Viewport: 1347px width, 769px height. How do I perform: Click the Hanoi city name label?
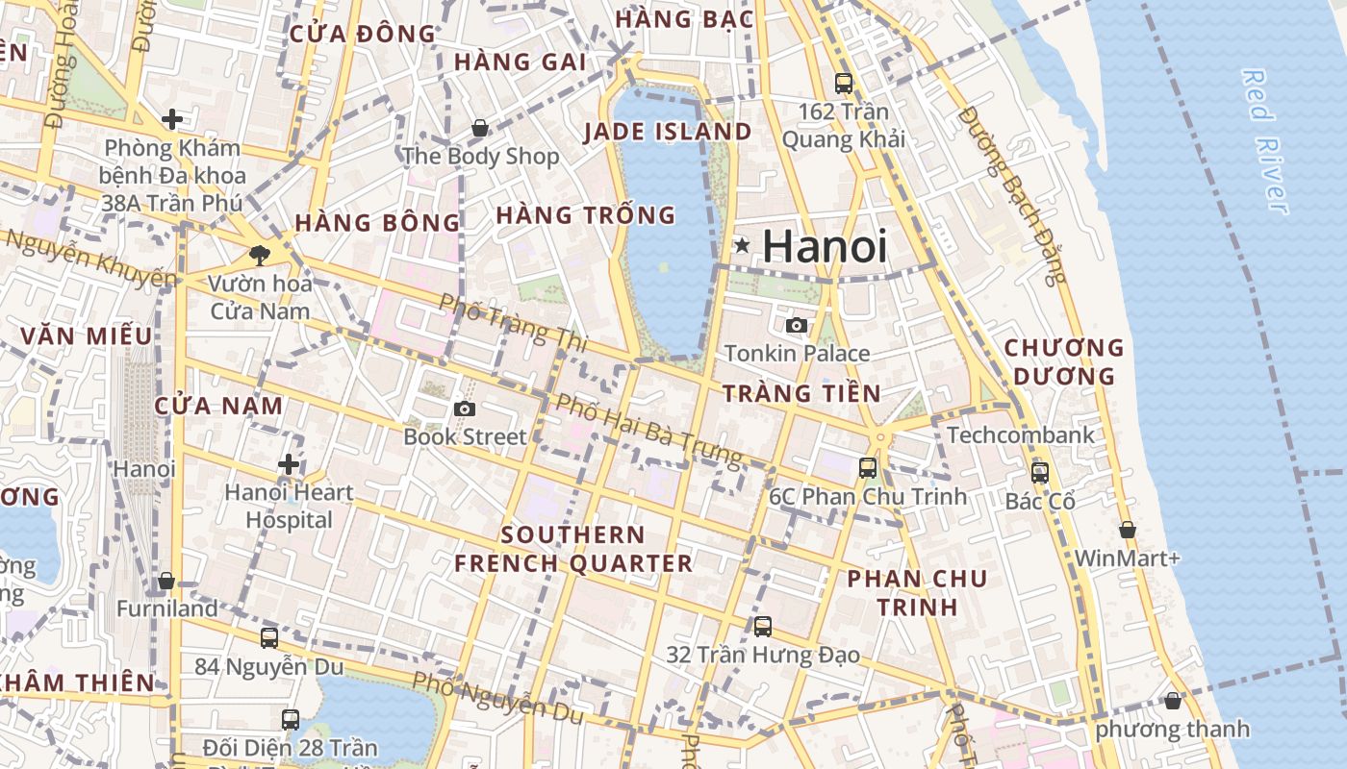coord(825,246)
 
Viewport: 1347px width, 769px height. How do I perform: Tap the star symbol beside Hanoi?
coord(742,245)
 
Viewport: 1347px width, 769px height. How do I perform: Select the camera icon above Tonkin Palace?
coord(797,325)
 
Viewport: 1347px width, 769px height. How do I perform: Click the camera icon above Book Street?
coord(465,409)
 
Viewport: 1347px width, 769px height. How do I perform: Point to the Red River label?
coord(1264,140)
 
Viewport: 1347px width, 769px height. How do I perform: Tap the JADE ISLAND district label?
coord(668,132)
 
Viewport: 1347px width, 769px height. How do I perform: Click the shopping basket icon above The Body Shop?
coord(480,128)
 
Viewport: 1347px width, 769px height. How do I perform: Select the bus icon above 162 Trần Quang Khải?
coord(844,84)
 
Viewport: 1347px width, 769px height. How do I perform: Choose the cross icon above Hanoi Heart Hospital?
coord(288,464)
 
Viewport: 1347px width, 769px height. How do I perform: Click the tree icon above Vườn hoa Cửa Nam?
coord(259,255)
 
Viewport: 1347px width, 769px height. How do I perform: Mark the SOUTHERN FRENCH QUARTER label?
coord(573,549)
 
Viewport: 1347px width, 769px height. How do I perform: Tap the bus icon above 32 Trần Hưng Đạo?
coord(763,627)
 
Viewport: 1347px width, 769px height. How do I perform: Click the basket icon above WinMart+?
coord(1128,530)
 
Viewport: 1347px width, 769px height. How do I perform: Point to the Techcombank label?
coord(1021,435)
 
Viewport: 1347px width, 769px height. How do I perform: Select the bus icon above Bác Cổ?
coord(1040,472)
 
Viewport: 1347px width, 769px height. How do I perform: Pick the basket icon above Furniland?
coord(166,581)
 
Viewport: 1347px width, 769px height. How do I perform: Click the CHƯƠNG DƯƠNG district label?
coord(1063,361)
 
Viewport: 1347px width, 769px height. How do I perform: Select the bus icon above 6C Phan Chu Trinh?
coord(868,468)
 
